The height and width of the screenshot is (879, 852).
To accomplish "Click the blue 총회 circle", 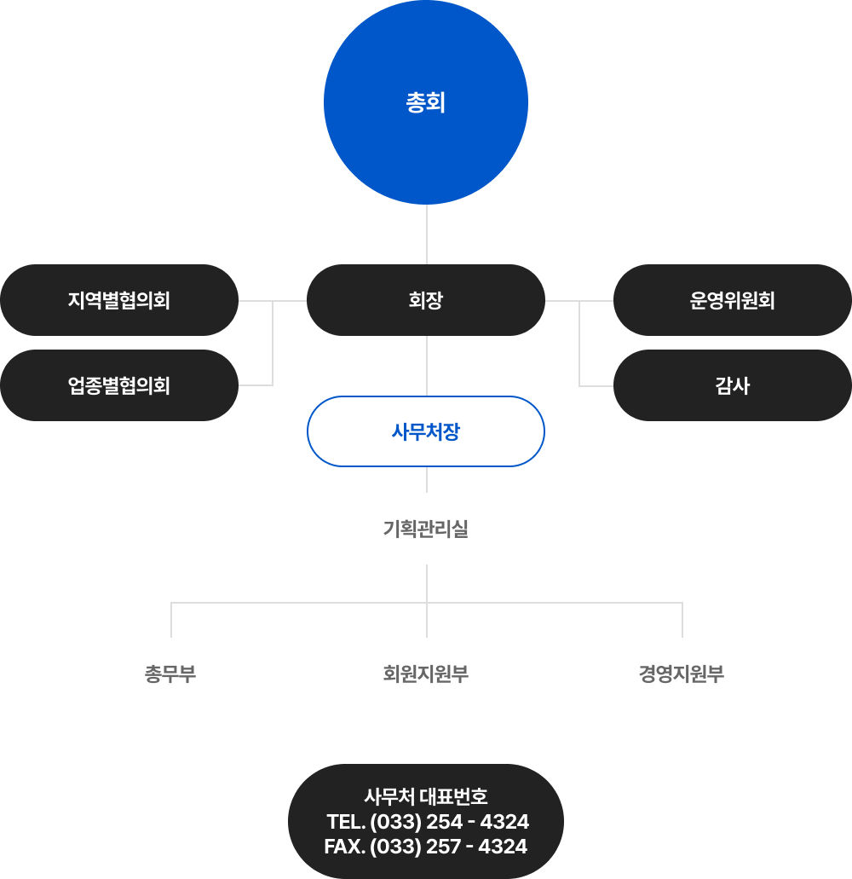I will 426,102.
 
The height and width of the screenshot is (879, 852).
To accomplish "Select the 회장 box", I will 426,300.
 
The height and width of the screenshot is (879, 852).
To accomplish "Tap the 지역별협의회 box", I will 119,300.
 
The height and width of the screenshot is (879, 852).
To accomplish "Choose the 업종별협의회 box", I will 119,385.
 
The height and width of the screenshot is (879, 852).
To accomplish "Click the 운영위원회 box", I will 733,300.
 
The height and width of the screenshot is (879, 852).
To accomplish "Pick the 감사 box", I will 733,385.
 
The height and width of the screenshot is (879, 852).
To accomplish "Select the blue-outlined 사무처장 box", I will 426,431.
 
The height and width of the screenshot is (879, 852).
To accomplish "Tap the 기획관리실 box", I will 426,529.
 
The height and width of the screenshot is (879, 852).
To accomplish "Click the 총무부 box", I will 170,674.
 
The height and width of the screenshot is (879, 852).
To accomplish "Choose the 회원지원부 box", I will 426,674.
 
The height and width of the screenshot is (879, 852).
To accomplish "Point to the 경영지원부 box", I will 682,674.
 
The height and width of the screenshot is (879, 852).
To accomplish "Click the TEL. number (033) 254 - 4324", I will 450,822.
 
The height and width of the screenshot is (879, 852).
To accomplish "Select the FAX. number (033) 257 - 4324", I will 449,847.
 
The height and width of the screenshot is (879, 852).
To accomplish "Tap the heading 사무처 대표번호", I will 426,797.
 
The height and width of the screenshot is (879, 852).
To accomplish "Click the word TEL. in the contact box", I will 346,822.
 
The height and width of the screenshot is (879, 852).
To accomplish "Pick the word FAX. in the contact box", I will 345,847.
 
